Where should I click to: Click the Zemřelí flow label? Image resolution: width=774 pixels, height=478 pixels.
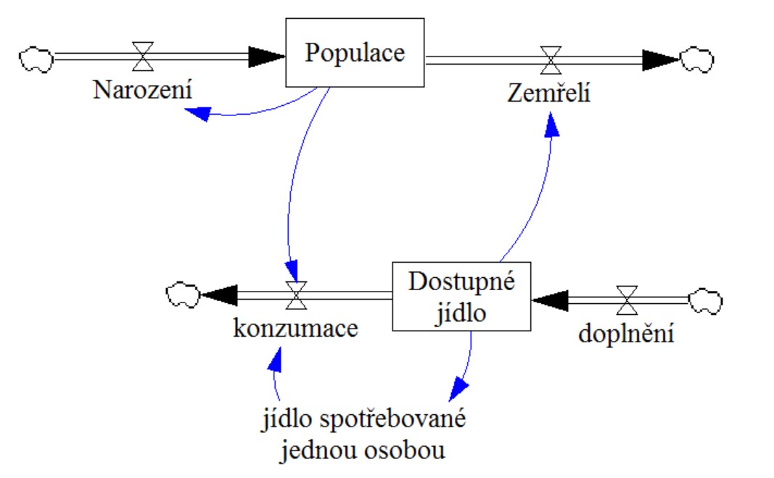[549, 93]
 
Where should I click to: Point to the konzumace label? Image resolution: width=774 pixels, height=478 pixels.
[295, 328]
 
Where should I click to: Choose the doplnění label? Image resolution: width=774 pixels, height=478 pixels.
[627, 334]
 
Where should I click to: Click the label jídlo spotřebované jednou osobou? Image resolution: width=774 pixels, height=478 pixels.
[363, 434]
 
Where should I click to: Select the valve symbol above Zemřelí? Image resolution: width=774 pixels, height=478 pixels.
[551, 59]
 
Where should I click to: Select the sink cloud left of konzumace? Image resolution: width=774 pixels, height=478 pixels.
[182, 294]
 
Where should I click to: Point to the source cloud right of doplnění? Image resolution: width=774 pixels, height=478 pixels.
[706, 299]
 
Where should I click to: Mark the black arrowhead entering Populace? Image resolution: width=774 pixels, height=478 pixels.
[268, 55]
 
